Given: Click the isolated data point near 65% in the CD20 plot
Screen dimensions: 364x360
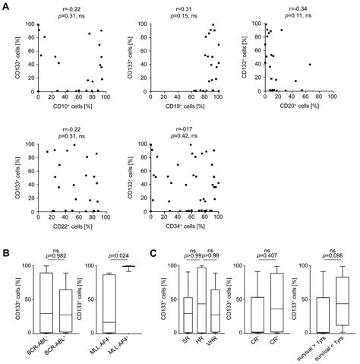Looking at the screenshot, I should coord(310,65).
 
